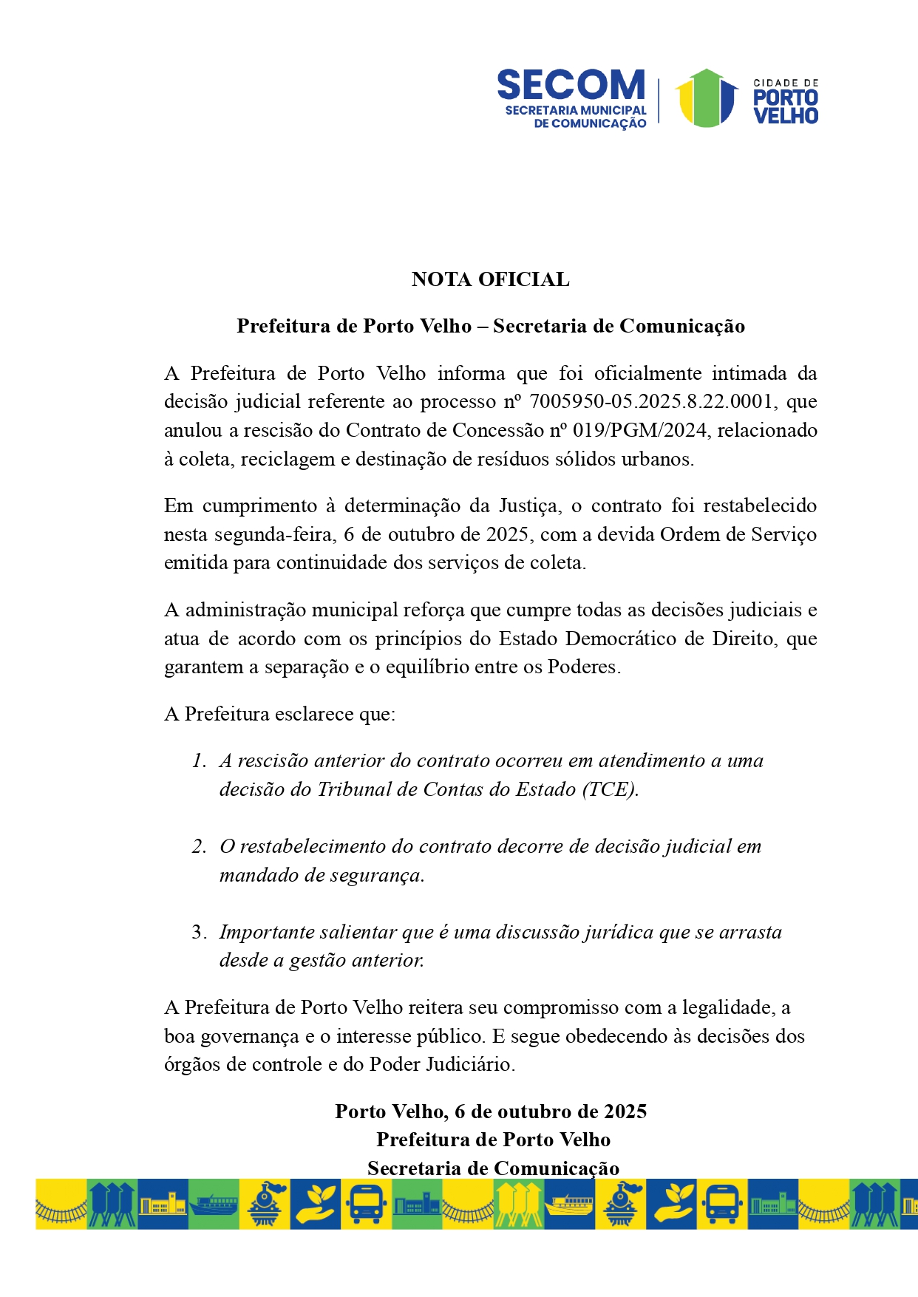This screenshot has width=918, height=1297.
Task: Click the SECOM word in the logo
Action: coord(571,85)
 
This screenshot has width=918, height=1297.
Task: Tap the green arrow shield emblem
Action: coord(706,98)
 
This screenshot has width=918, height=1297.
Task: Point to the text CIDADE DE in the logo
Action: coord(786,84)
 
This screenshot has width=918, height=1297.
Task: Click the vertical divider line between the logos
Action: coord(659,100)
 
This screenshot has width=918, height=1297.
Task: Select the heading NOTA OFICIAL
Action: coord(490,279)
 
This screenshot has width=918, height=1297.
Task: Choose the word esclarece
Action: coord(314,714)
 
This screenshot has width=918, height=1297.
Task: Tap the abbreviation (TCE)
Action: coord(610,789)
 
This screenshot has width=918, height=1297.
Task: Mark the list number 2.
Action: coord(198,847)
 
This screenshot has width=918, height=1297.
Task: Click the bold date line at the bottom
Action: coord(490,1112)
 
